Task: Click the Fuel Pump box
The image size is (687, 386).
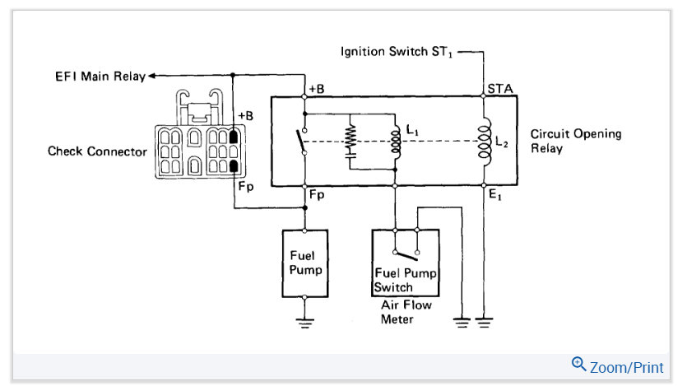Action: (304, 262)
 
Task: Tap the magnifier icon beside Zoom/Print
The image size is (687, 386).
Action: (579, 364)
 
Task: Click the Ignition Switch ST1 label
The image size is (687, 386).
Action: (398, 52)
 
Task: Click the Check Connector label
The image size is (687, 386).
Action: (97, 151)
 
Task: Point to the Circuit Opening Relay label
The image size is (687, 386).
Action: (575, 141)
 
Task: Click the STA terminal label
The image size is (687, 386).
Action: (499, 87)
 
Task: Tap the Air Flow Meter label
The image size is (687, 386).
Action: (406, 312)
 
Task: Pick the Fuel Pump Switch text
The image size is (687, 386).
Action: (405, 280)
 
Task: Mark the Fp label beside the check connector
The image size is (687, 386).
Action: (246, 186)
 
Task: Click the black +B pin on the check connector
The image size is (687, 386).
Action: (234, 136)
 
